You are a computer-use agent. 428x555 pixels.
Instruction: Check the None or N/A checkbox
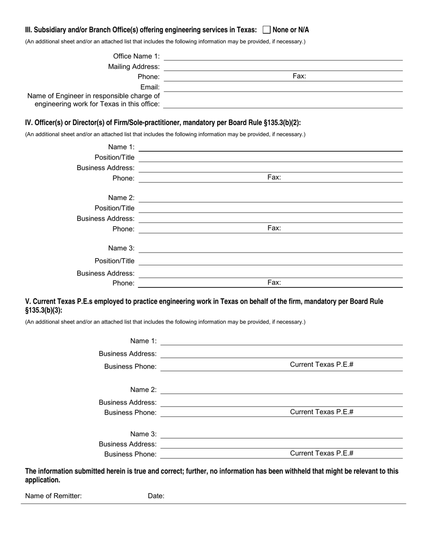(266, 30)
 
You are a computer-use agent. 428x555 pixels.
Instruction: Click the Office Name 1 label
(136, 56)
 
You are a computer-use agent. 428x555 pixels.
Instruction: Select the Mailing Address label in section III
(134, 67)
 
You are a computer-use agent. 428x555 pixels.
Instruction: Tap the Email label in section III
(150, 87)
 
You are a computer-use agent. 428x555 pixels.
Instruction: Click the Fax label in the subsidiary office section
(299, 76)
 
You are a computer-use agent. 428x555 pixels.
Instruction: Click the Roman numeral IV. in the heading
(29, 123)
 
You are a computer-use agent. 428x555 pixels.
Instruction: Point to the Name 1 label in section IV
(121, 147)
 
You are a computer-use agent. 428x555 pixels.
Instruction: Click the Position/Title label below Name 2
(114, 208)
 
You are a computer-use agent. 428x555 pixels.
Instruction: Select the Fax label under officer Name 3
(274, 282)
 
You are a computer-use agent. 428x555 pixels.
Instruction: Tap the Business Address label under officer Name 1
(105, 168)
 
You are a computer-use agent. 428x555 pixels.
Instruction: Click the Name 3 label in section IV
(121, 248)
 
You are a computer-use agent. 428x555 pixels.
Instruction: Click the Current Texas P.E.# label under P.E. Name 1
(321, 365)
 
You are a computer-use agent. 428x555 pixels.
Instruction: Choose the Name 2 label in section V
(143, 390)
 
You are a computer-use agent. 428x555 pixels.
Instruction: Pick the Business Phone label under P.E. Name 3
(130, 454)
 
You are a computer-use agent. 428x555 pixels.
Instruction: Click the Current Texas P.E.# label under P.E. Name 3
(321, 453)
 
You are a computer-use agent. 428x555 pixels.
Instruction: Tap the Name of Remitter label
(53, 496)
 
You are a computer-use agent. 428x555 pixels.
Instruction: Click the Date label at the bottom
(156, 496)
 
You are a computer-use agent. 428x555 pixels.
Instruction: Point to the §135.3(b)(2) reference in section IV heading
(281, 123)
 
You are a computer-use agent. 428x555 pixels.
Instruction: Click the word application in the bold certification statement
(42, 480)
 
